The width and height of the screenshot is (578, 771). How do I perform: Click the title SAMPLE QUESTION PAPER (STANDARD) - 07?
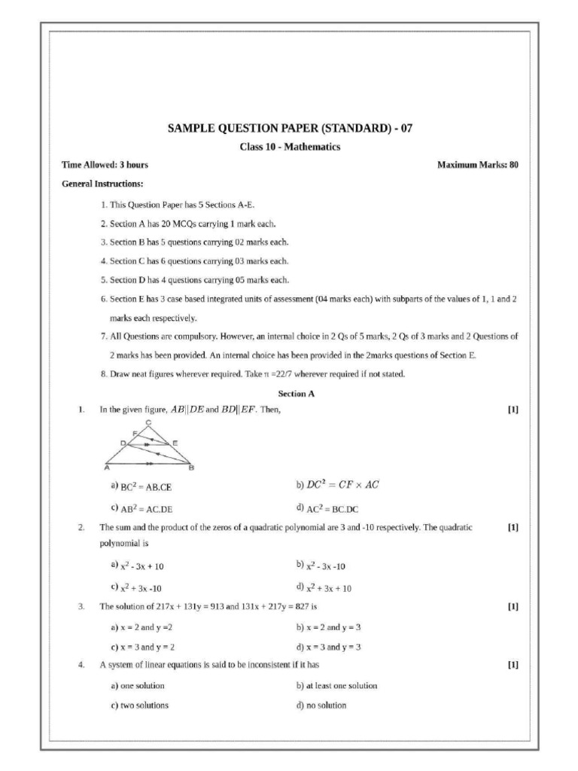coord(290,129)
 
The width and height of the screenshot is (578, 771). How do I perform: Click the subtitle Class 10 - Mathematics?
coord(290,147)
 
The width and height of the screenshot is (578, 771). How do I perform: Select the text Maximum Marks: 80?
coord(478,165)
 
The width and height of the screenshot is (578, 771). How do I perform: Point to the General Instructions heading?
coord(102,184)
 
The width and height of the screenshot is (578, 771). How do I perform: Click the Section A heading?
coord(291,393)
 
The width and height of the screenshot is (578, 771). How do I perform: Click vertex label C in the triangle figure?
coord(149,422)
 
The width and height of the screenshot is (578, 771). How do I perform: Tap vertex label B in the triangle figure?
coord(191,468)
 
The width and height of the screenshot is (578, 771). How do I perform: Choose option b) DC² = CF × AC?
coord(338,485)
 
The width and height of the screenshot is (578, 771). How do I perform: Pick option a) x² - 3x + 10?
coord(137,565)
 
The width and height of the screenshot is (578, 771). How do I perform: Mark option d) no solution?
coord(321,705)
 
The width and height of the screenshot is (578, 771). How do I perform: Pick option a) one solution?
coord(137,686)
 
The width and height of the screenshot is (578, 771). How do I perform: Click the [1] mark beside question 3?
coord(513,606)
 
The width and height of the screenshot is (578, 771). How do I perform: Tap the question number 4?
coord(81,665)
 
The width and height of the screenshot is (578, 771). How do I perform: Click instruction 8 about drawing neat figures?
coord(252,374)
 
